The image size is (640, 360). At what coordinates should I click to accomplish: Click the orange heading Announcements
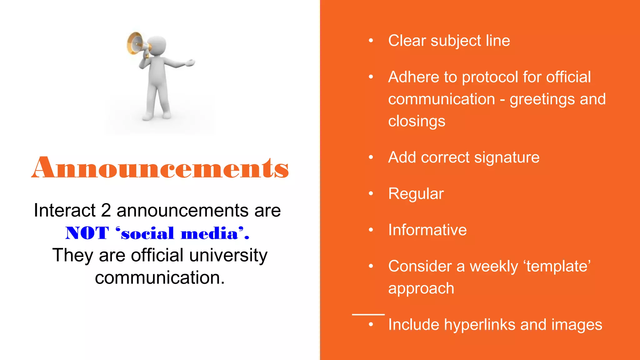click(160, 168)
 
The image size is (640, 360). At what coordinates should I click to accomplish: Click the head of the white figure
click(158, 46)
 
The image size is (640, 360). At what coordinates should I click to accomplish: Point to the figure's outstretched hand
click(189, 63)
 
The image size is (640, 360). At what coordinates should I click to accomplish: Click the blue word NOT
click(87, 233)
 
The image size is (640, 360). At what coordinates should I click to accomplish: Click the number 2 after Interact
click(106, 210)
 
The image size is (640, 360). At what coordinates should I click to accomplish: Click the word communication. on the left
click(160, 278)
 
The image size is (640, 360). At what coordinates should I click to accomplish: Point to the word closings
click(417, 121)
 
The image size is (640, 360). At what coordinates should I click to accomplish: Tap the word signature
click(507, 157)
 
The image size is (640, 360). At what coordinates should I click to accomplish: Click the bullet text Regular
click(416, 194)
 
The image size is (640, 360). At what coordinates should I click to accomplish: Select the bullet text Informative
click(427, 230)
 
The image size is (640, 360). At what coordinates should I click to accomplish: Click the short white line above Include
click(368, 314)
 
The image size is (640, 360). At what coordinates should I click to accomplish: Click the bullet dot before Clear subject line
click(371, 41)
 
